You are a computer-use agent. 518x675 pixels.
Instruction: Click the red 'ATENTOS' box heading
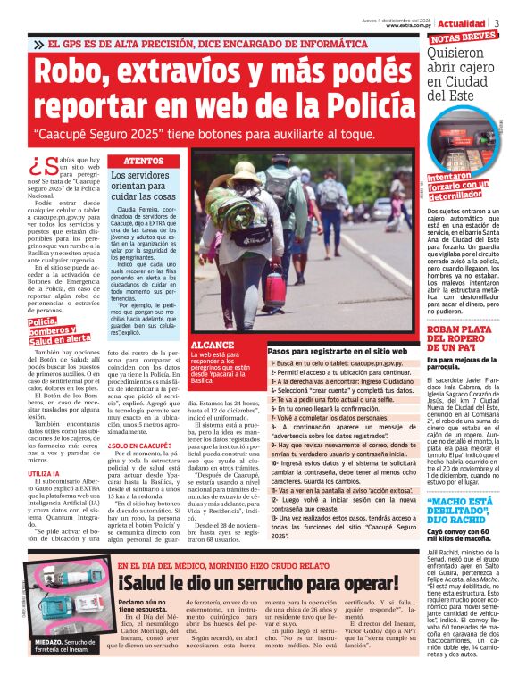[141, 161]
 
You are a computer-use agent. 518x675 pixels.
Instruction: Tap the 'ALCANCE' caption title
[213, 344]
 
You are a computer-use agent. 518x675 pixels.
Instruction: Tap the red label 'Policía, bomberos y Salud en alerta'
[59, 330]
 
